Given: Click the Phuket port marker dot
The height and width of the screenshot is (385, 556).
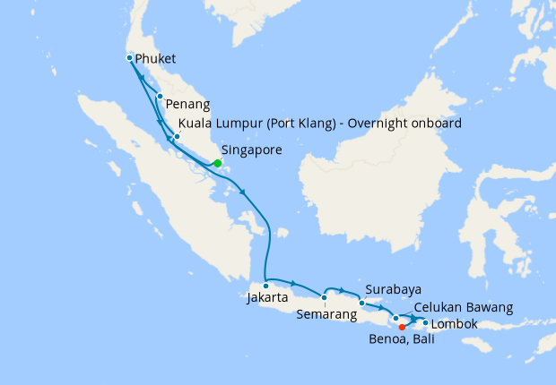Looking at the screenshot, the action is pos(130,58).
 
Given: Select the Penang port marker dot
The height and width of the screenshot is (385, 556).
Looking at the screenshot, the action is pos(159,97).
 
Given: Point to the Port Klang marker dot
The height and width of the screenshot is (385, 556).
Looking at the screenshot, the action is pos(177,137).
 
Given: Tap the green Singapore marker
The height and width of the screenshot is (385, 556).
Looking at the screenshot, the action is pos(217,163).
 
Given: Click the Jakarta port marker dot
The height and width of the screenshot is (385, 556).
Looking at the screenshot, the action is pos(265,287).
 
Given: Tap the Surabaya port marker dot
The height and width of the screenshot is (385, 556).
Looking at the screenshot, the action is pos(361,303).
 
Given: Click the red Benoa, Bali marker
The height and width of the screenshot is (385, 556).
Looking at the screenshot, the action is pos(401,327).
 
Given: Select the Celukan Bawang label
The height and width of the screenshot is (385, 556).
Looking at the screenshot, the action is pos(464,307).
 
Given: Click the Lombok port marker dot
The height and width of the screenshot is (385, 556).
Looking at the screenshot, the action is pos(425,322).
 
